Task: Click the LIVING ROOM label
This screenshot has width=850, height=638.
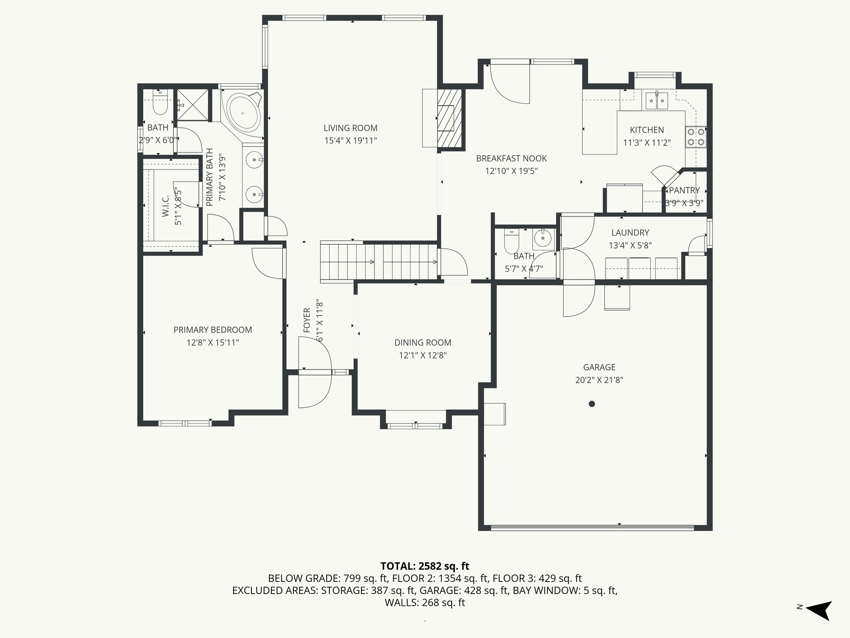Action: [350, 128]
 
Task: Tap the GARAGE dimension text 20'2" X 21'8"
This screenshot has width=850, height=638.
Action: [599, 380]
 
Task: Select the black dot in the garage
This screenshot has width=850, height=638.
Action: [592, 404]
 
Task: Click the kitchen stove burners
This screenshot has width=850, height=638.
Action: [696, 137]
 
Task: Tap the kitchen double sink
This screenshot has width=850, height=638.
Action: [657, 100]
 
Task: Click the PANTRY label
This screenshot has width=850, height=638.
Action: [684, 190]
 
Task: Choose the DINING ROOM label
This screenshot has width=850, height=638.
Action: [423, 343]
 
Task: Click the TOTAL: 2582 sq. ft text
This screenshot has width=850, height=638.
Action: [425, 566]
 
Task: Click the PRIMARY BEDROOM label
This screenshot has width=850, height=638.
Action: [212, 330]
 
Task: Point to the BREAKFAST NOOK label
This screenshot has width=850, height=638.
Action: [511, 158]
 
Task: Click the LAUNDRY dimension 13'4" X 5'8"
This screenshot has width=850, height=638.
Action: [630, 245]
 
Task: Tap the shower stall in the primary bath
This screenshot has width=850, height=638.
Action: [192, 105]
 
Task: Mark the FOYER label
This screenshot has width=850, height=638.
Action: [307, 320]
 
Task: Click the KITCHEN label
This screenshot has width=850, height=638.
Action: [647, 130]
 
